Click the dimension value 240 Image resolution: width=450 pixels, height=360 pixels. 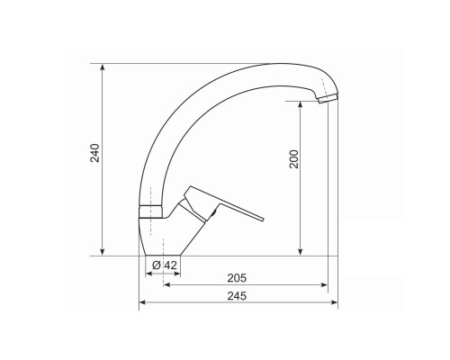coord(95,153)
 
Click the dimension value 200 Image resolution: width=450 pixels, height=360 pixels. coord(294,159)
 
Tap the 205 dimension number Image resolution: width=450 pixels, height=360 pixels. coord(237,278)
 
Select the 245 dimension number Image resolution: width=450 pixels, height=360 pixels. coord(237,296)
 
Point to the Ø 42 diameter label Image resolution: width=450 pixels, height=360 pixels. coord(165,265)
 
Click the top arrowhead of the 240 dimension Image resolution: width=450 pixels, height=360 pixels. coord(103,67)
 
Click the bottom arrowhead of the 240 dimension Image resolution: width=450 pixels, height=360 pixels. coord(103,252)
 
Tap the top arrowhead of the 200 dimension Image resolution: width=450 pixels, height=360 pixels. coord(301,105)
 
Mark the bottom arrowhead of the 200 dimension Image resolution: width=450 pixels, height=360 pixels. coord(301,252)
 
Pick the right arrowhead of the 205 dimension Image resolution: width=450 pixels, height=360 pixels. coord(324,284)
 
